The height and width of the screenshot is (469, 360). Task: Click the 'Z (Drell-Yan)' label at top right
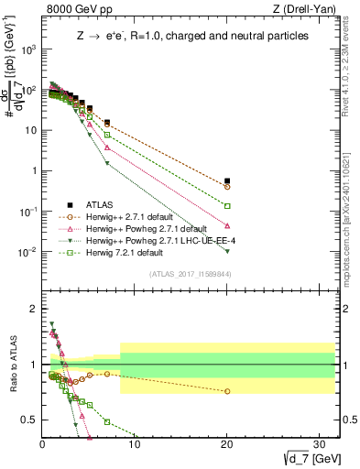pos(303,10)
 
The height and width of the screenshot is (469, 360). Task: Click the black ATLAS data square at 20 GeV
pos(227,181)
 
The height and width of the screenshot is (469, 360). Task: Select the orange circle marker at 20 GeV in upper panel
pos(227,187)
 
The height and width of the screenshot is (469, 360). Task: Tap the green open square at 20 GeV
pos(227,206)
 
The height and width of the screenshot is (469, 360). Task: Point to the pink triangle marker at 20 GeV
pos(227,225)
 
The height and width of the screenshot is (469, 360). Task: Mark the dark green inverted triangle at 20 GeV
pos(227,251)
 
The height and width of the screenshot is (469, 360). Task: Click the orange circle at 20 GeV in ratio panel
pos(227,391)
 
